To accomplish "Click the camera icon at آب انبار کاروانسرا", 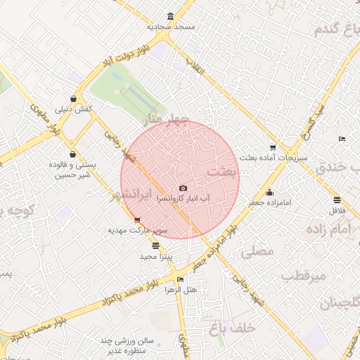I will click(183, 188).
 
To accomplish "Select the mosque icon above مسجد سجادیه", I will click(170, 17).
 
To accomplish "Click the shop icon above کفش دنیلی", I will click(75, 99).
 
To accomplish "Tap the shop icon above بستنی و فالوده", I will click(73, 154).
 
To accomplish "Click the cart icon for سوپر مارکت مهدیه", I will click(137, 220).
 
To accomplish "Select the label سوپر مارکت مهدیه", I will click(136, 230).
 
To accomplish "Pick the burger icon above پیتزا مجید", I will click(155, 246).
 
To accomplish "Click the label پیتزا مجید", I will click(155, 256).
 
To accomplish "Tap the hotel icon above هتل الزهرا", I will click(181, 280).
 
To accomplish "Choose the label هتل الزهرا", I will click(180, 289).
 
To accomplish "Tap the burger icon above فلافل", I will click(338, 200).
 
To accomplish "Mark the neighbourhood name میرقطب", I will click(304, 276).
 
